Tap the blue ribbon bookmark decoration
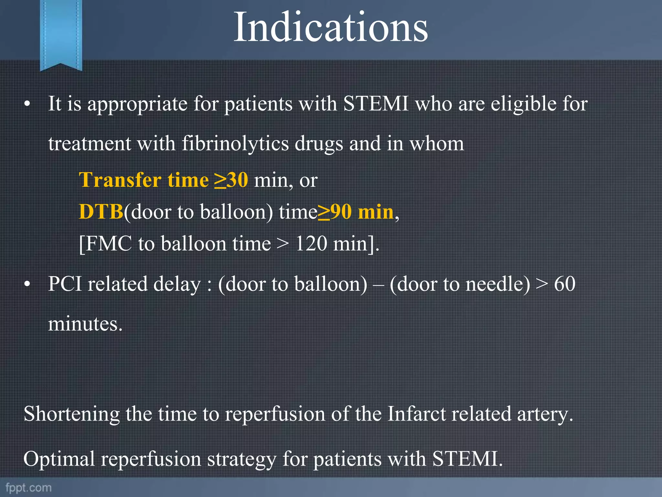tap(61, 34)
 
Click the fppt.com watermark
tap(28, 488)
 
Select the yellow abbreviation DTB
tap(101, 212)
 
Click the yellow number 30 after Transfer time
tap(237, 180)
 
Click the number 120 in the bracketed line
tap(311, 244)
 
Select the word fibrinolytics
tap(235, 143)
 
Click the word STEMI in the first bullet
tap(376, 104)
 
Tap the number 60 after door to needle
tap(565, 284)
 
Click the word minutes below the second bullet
tap(85, 324)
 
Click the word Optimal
tap(59, 458)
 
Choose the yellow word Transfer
tap(120, 180)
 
